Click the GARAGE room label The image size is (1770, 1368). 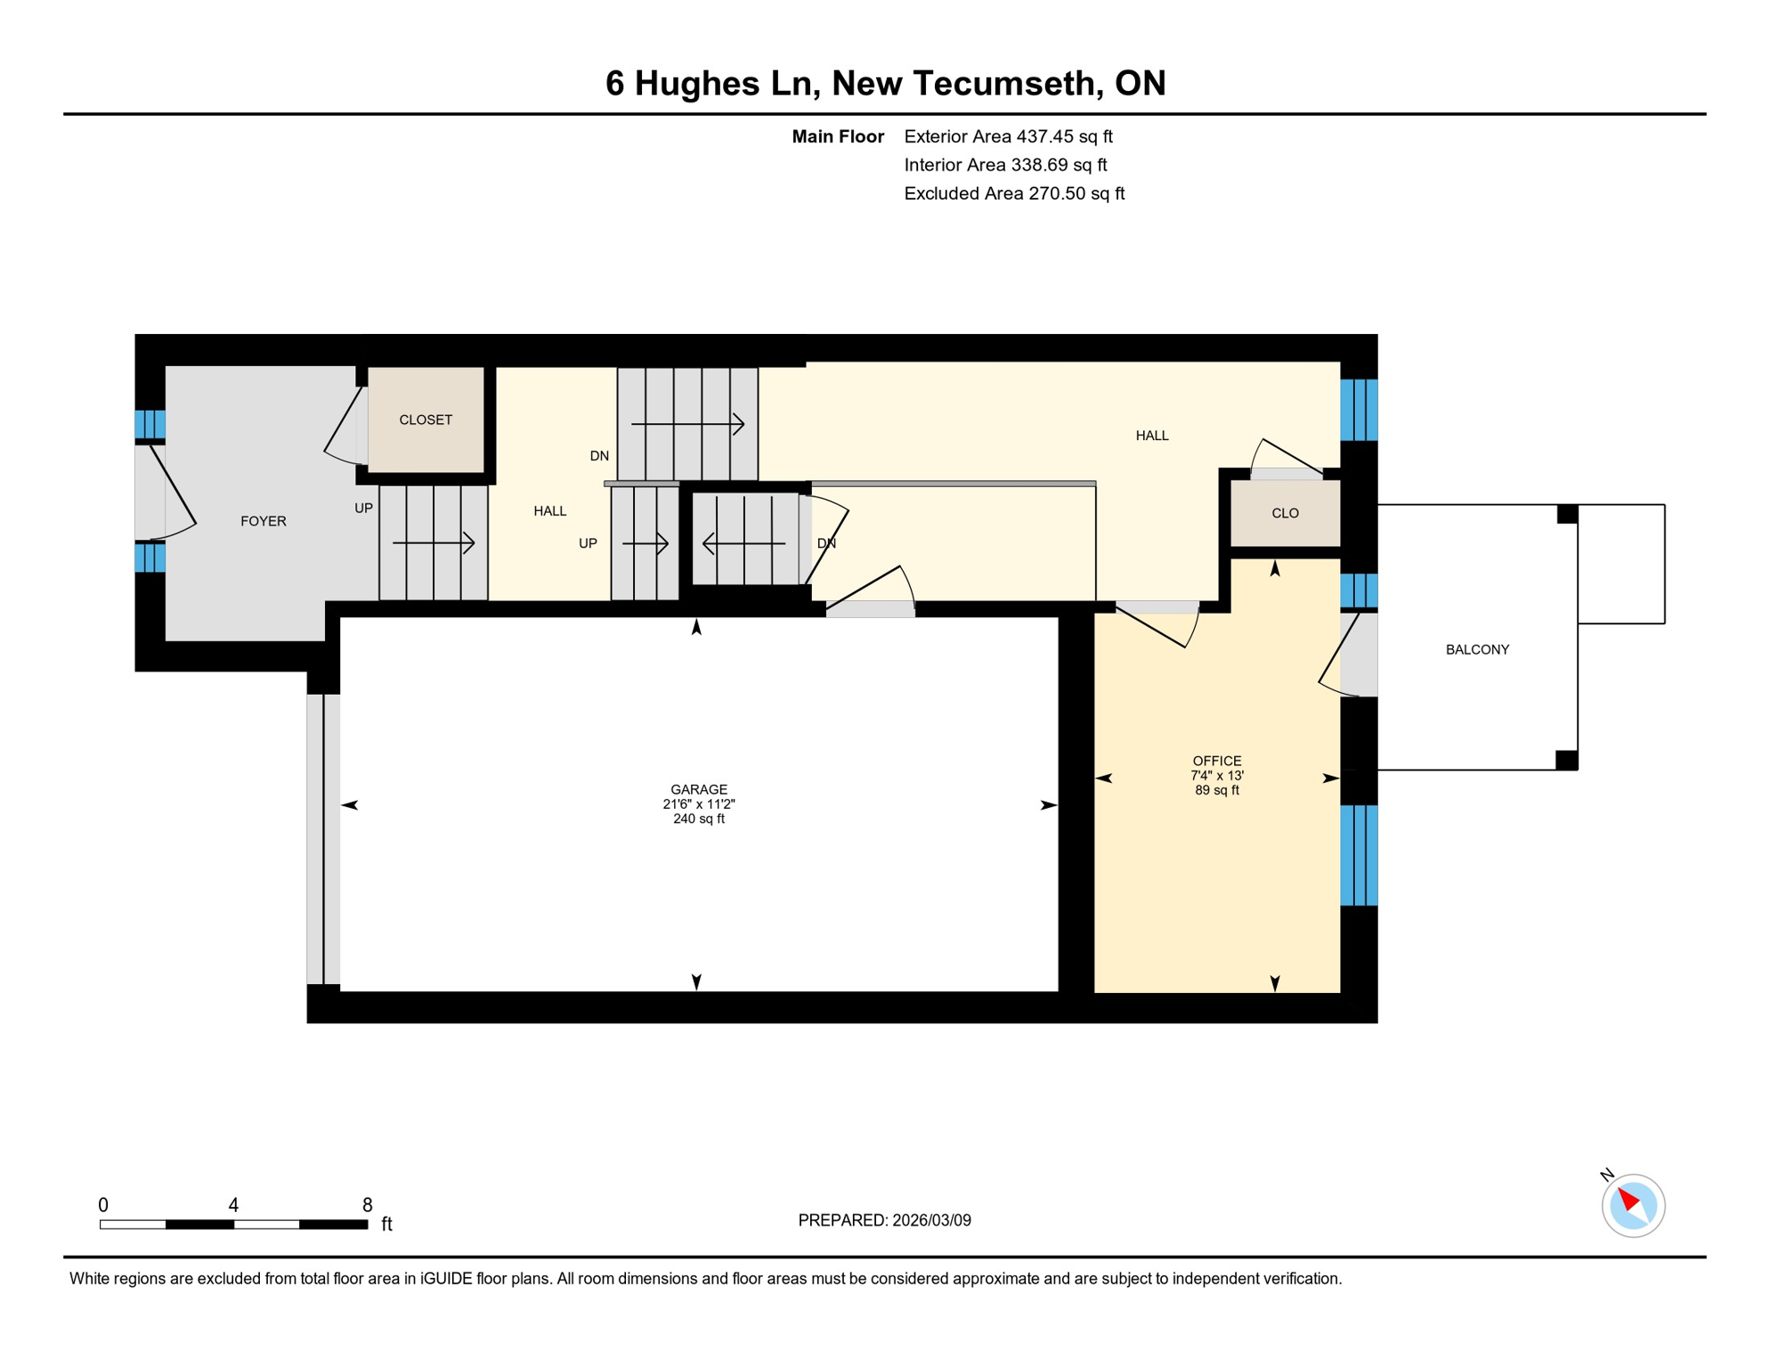pos(699,789)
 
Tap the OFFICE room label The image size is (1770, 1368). pos(1216,761)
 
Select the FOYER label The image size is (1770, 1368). pos(264,521)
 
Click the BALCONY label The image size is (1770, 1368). pos(1477,649)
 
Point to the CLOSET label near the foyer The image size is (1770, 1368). pos(426,419)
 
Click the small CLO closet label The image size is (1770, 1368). pos(1285,513)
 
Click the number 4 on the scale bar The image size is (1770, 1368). pos(233,1205)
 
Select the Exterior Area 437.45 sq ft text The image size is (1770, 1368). pos(1008,136)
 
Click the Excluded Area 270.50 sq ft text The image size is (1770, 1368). pos(1014,193)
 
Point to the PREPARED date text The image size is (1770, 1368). pos(884,1220)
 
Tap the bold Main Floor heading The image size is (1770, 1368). pos(838,136)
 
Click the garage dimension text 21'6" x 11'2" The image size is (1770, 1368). pos(699,804)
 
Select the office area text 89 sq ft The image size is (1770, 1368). pos(1216,790)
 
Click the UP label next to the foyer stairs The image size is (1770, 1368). pos(363,509)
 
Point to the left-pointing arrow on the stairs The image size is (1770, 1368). pos(743,543)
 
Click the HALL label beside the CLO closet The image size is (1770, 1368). pos(1151,436)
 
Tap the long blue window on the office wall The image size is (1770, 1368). pos(1359,855)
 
